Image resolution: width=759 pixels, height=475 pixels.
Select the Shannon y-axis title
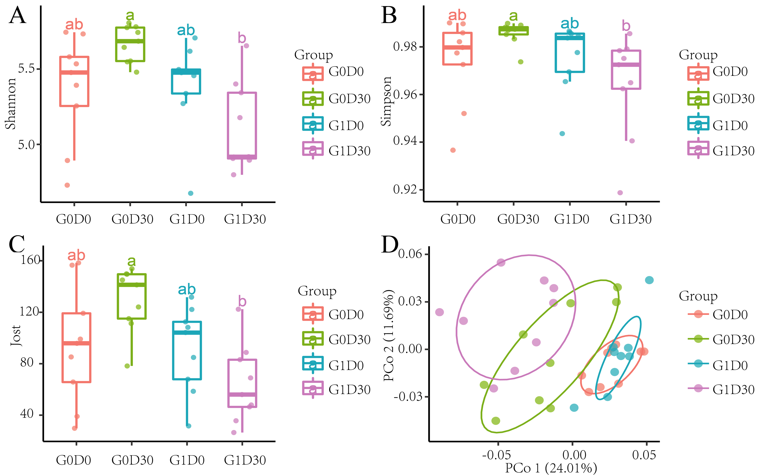click(10, 104)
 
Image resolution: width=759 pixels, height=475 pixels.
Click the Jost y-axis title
click(16, 336)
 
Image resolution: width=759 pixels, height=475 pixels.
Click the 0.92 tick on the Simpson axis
click(405, 189)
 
